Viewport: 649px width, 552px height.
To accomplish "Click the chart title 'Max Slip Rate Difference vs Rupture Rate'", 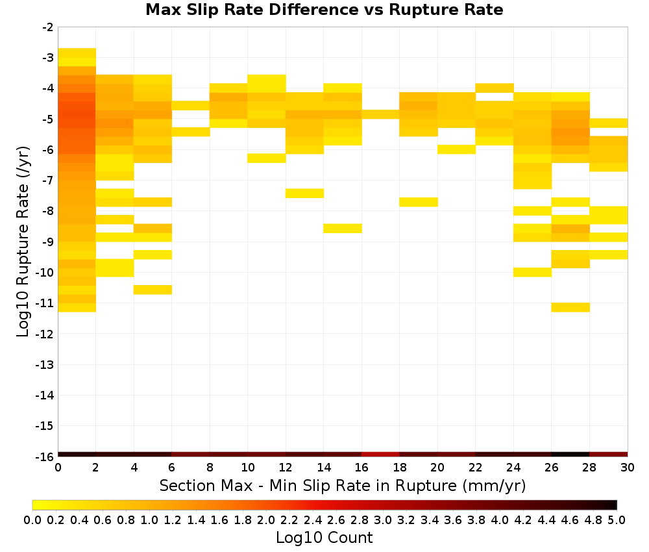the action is click(x=324, y=10).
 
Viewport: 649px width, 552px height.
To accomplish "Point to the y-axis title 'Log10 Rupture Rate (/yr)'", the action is click(x=23, y=242).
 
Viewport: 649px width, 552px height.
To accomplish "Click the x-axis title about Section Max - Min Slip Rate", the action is click(x=342, y=485).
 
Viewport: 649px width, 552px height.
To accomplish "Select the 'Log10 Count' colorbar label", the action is click(x=324, y=538).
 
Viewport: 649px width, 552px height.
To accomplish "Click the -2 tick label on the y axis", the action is click(x=48, y=27).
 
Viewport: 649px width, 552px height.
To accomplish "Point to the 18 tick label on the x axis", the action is click(x=399, y=468).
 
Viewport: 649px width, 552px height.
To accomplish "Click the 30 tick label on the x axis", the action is click(x=628, y=468).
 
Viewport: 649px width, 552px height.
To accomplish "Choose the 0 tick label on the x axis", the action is click(x=58, y=468).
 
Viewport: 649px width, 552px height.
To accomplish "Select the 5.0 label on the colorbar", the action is click(x=617, y=520).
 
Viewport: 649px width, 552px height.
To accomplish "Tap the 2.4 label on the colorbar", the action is click(x=313, y=520).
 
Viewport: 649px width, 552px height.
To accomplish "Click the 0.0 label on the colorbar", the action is click(x=32, y=520).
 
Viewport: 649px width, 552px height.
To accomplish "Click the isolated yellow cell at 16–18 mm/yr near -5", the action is click(x=380, y=114).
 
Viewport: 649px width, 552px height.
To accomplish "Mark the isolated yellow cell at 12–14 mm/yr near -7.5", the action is click(x=304, y=193).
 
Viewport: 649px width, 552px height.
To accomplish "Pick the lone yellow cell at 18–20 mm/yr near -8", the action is click(x=419, y=202).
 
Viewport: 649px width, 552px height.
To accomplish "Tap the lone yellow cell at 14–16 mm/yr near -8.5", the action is click(x=343, y=228).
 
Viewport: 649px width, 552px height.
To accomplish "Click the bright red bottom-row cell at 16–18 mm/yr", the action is click(x=380, y=455).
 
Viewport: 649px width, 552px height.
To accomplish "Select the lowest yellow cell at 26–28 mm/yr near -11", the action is click(x=570, y=307).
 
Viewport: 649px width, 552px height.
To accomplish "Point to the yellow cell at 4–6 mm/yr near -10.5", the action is click(x=153, y=290).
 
